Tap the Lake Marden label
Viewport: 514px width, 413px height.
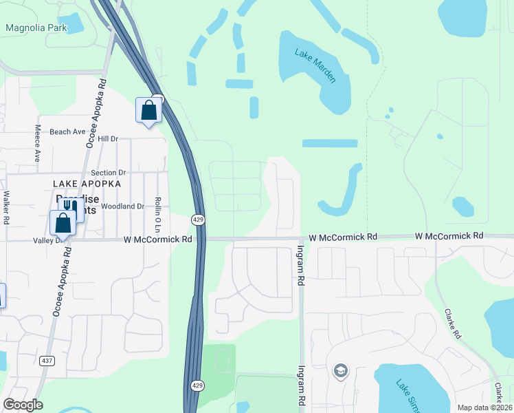coord(315,65)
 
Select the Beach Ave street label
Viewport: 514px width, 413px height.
coord(68,131)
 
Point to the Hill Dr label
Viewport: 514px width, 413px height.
coord(108,139)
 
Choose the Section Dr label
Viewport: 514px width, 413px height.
coord(109,172)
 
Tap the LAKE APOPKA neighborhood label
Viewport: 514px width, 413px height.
coord(87,184)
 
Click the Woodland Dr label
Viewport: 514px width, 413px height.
coord(122,206)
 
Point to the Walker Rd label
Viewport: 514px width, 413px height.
coord(6,207)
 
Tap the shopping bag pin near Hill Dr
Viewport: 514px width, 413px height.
coord(148,111)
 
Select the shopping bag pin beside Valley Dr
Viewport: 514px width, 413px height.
coord(63,223)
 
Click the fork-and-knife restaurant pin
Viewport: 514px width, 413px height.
coord(71,209)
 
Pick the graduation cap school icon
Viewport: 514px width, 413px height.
coord(339,372)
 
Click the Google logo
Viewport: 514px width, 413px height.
coord(23,405)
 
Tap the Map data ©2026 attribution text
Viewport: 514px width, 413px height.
coord(484,407)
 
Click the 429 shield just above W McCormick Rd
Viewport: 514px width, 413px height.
coord(197,218)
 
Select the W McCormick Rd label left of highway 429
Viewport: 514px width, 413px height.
coord(157,240)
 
